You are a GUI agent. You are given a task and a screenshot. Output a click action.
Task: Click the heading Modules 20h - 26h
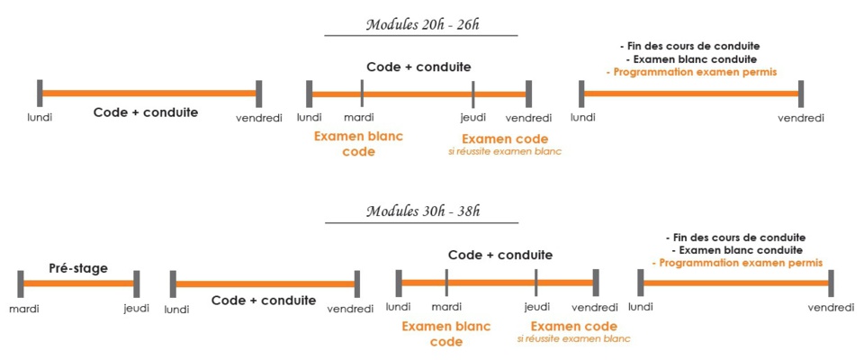point(421,24)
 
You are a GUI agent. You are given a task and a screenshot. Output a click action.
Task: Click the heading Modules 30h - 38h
point(421,211)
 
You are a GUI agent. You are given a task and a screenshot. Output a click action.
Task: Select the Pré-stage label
point(77,268)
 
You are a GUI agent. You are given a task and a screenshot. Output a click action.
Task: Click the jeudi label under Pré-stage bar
point(137,308)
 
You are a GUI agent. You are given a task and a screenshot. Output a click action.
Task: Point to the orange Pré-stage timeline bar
point(78,283)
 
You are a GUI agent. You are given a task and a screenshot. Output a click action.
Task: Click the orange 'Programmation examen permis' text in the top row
point(691,71)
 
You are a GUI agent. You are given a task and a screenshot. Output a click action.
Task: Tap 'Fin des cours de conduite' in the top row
point(691,45)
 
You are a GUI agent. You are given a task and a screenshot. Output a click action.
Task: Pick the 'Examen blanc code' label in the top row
point(358,144)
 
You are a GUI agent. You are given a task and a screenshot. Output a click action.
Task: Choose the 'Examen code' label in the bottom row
point(573,326)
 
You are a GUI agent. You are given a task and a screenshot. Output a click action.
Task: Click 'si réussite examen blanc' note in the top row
point(504,151)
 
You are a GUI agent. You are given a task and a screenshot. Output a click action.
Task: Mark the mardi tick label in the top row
point(359,118)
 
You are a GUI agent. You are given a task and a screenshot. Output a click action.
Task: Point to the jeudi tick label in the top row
point(473,118)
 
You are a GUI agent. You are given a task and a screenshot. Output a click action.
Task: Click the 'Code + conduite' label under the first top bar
point(145,112)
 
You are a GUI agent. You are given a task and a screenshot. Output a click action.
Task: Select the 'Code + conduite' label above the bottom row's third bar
point(499,255)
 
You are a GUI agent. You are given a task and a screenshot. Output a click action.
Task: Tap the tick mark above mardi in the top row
point(361,93)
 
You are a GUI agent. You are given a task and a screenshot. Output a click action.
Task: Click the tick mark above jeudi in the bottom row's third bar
point(535,282)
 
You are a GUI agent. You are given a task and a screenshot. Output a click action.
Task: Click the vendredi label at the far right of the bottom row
point(830,308)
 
